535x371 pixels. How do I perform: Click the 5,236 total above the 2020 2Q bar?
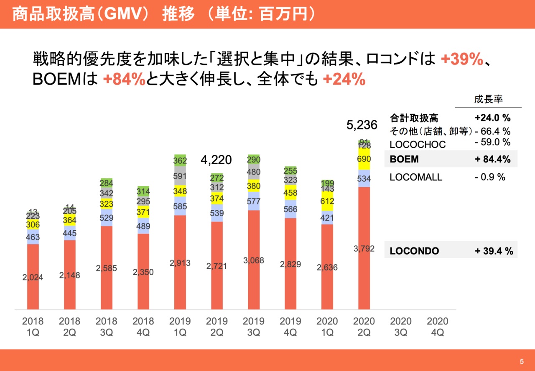tap(362, 125)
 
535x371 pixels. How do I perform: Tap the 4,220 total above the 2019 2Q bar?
tap(216, 160)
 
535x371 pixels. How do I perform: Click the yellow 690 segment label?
tap(364, 160)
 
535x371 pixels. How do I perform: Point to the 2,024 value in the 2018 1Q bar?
tap(33, 277)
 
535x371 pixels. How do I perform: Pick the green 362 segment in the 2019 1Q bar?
tap(180, 161)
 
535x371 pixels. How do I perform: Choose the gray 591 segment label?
tap(180, 176)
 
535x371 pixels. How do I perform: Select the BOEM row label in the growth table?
tap(404, 160)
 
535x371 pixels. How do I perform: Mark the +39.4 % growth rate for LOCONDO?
tap(494, 251)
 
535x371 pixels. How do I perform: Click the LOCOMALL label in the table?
tap(415, 177)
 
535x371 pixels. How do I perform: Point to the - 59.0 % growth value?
tap(493, 142)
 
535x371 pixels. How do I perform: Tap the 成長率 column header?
tap(488, 100)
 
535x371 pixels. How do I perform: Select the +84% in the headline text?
tap(124, 79)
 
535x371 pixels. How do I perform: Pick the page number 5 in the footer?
tap(521, 362)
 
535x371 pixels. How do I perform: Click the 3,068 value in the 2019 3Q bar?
tap(253, 260)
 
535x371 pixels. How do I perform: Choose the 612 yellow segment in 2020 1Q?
tap(327, 201)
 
